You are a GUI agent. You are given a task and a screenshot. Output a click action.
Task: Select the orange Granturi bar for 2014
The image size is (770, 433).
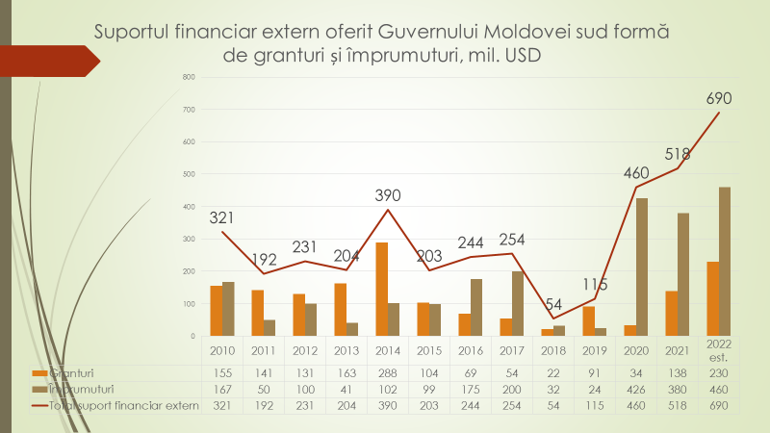pos(382,289)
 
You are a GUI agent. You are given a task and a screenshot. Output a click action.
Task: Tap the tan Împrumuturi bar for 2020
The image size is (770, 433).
pos(642,267)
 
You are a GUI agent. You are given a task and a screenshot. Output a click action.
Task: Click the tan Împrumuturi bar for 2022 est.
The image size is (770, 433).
pos(725,261)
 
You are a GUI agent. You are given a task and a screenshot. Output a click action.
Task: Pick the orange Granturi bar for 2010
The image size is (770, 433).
pos(217,311)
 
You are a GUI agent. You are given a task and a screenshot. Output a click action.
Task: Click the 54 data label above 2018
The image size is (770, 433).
pos(553,304)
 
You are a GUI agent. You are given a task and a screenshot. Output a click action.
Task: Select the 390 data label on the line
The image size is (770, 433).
pos(387,196)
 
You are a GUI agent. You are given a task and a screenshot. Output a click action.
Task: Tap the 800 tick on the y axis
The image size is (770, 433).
pos(189,77)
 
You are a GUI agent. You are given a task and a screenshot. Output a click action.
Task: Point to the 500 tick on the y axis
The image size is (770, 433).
pos(189,174)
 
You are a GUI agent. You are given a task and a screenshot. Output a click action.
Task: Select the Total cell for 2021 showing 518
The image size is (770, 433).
pos(678,406)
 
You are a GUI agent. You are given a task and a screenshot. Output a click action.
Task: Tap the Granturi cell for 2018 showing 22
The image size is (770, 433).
pos(553,371)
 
